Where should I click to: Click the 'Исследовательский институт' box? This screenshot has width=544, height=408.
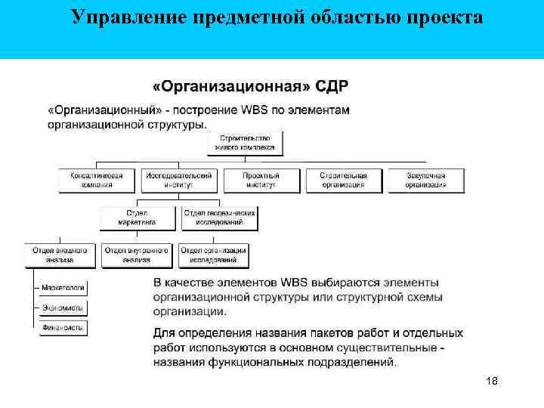180,180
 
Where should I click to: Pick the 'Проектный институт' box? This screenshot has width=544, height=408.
261,180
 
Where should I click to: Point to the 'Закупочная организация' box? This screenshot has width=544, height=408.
425,180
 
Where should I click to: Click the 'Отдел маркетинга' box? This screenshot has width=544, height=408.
138,218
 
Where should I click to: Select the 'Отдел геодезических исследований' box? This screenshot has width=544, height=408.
220,218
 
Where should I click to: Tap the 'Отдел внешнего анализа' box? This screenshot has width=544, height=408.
60,255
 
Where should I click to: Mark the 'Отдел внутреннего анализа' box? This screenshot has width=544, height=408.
137,255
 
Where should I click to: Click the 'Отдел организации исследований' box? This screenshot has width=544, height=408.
214,255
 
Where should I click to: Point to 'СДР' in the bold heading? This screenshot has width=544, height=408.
332,85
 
